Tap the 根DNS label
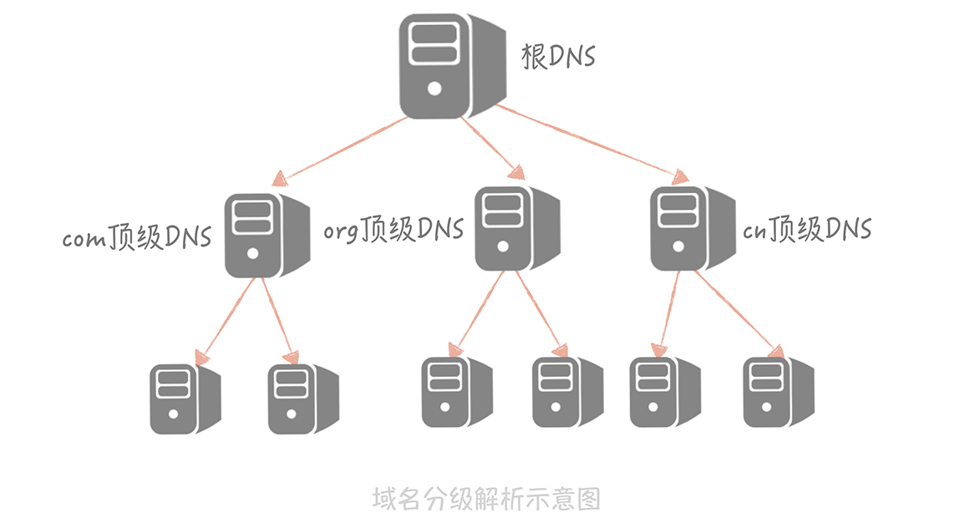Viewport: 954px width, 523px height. point(559,57)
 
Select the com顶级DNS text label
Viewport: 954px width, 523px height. point(136,237)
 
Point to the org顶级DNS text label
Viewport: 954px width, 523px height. point(393,229)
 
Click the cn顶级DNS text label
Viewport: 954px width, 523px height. point(807,229)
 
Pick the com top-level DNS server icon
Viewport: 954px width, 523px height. point(262,235)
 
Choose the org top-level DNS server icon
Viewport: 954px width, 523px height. point(515,227)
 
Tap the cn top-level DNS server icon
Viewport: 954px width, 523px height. point(691,227)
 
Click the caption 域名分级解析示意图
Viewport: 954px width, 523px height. point(486,499)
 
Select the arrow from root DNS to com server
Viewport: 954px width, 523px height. point(343,149)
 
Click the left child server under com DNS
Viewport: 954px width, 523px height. point(185,397)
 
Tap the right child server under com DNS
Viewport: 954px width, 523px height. point(302,398)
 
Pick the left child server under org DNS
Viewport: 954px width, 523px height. point(456,391)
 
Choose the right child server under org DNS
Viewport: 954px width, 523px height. point(567,391)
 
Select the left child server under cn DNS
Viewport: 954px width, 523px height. point(663,391)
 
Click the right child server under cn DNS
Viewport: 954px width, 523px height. point(778,391)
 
